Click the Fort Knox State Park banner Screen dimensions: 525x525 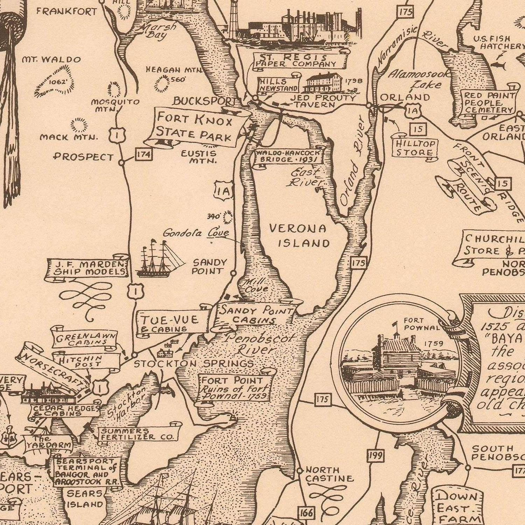tap(195, 127)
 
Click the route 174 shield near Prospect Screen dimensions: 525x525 tap(144, 155)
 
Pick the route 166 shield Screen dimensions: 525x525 tap(306, 513)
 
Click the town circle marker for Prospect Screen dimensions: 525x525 tap(122, 162)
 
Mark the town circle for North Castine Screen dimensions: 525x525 tap(299, 471)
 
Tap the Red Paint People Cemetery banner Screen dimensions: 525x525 tap(489, 102)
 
